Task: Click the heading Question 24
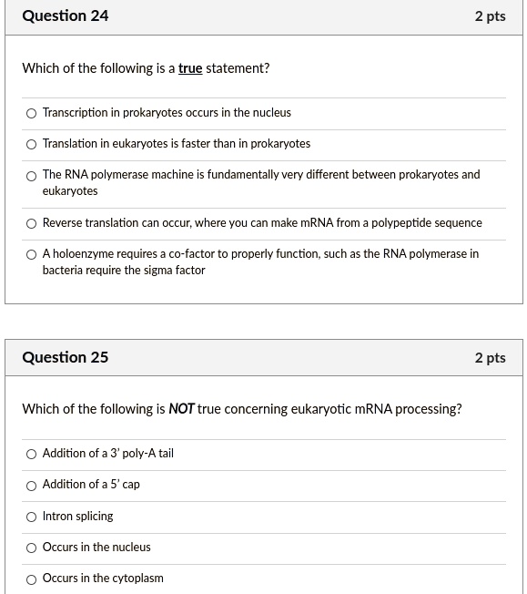[66, 16]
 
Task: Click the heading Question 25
[66, 357]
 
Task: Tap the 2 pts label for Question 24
[490, 16]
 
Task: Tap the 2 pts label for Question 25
[490, 357]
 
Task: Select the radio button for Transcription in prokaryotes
[32, 114]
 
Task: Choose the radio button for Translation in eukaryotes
[32, 145]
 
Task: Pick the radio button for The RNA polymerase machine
[32, 176]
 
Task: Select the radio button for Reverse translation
[32, 224]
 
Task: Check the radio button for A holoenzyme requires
[32, 255]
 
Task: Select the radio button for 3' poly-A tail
[32, 455]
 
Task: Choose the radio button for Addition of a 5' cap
[32, 486]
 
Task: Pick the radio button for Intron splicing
[32, 517]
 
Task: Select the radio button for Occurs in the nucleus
[32, 548]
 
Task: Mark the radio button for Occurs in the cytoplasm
[32, 579]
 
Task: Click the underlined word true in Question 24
[190, 68]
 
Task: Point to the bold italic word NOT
[182, 409]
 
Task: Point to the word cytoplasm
[134, 579]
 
